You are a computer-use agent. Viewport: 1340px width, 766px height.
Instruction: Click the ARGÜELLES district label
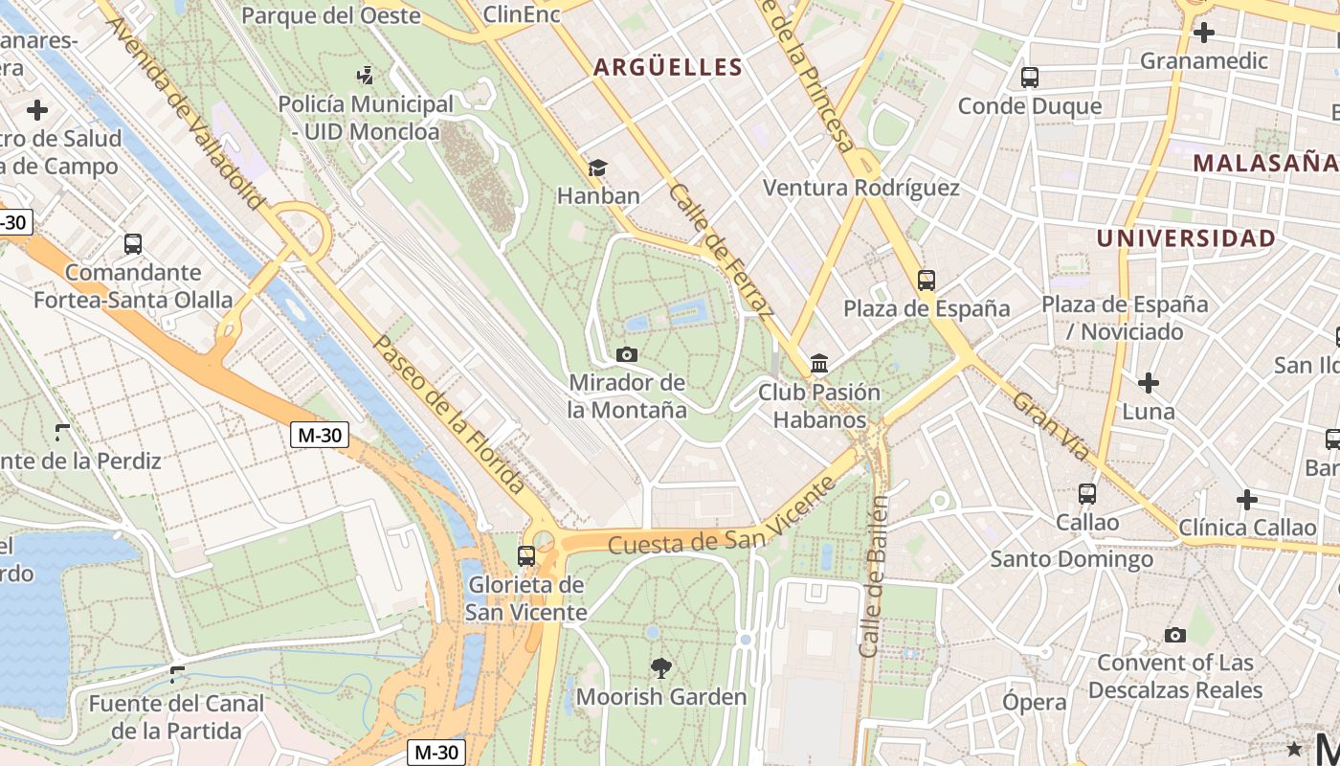click(x=667, y=67)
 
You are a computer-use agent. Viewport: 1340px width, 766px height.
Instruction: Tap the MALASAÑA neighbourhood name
click(x=1264, y=163)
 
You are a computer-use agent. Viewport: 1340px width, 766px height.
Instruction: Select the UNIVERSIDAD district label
click(x=1185, y=238)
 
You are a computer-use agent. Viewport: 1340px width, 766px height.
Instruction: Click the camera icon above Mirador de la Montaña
click(x=627, y=355)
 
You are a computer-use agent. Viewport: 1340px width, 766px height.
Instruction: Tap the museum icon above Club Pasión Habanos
click(x=819, y=364)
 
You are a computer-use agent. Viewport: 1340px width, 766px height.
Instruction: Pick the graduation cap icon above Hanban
click(x=597, y=168)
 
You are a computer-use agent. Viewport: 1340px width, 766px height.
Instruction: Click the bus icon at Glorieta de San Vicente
click(x=525, y=555)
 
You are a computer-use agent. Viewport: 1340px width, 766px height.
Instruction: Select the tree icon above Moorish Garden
click(x=660, y=668)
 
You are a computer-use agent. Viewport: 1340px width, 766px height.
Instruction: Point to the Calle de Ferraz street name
click(x=721, y=250)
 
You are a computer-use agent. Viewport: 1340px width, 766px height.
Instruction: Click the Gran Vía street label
click(x=1051, y=426)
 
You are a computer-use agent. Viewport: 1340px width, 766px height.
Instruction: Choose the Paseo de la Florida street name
click(x=449, y=414)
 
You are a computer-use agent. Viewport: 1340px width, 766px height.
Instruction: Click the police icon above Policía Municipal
click(x=365, y=75)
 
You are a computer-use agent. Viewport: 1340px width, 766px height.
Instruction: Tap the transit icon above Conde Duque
click(x=1030, y=78)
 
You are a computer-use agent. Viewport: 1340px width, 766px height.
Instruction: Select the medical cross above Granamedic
click(x=1203, y=33)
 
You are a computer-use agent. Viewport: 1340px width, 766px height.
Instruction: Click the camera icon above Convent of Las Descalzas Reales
click(x=1174, y=635)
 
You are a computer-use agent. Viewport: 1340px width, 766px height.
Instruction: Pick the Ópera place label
click(x=1034, y=702)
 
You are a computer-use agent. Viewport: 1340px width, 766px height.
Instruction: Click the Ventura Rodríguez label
click(x=860, y=188)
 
